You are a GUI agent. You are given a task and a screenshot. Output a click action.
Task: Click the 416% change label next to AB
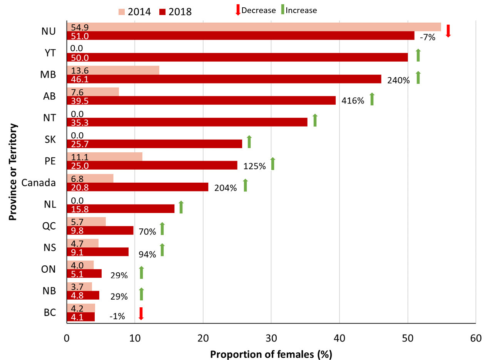click(x=353, y=101)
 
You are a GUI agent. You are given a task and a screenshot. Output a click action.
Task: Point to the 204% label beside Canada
click(x=225, y=188)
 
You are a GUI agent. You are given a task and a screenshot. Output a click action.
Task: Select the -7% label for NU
click(x=427, y=38)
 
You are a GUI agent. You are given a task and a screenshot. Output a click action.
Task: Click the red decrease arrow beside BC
click(x=141, y=313)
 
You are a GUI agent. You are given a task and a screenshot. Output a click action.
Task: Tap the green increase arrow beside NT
click(x=315, y=120)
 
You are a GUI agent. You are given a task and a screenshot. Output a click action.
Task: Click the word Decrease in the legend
click(x=258, y=10)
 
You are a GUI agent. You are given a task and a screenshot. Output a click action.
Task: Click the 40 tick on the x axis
click(x=339, y=338)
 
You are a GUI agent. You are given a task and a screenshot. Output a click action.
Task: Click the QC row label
click(x=49, y=226)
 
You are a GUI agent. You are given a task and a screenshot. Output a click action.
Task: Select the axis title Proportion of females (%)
click(x=271, y=353)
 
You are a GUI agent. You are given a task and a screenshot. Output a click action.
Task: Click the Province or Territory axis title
click(x=14, y=172)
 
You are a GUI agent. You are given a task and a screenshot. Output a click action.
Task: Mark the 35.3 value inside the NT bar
click(x=76, y=122)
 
